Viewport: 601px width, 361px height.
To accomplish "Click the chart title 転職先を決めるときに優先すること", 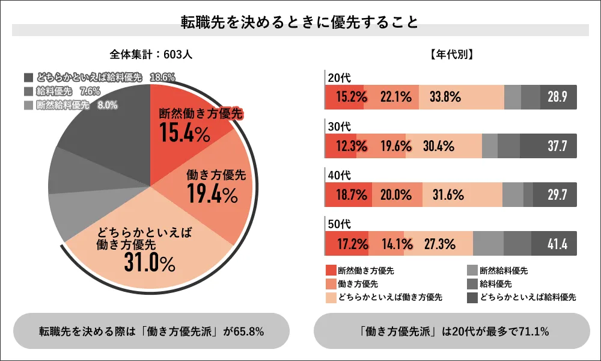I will click(300, 22).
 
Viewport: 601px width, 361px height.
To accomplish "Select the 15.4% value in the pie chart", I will click(185, 133).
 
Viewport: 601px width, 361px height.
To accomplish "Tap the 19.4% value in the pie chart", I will click(212, 194).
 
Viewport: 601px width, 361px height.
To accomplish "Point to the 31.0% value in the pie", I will click(150, 262).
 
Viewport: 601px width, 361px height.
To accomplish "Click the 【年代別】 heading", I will click(451, 54).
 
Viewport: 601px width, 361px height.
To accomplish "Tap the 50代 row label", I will click(338, 224).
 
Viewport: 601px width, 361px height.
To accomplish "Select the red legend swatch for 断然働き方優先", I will click(330, 271).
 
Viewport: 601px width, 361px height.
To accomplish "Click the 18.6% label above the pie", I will click(162, 78).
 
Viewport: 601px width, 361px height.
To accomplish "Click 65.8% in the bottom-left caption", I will click(250, 331).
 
